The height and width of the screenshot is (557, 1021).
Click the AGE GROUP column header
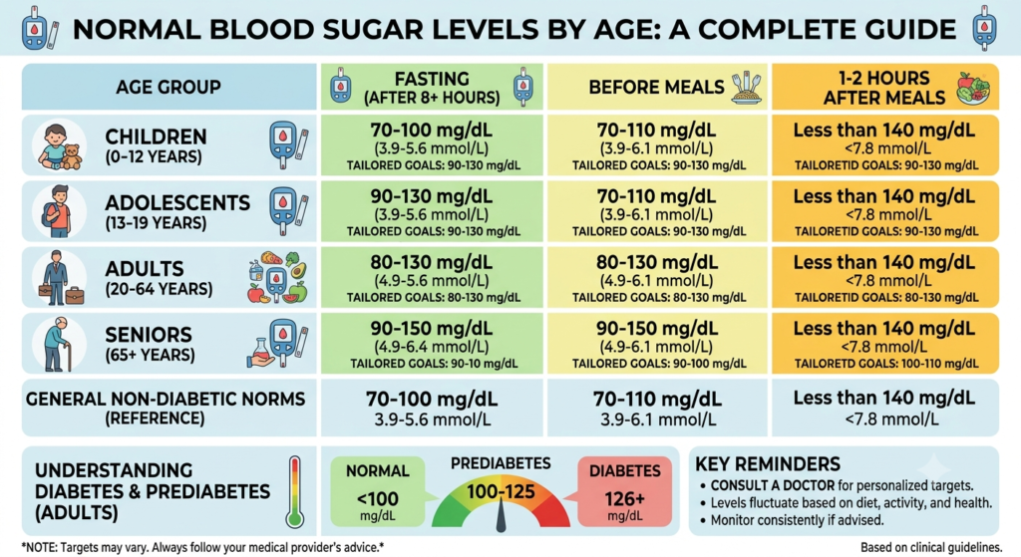[x=168, y=87]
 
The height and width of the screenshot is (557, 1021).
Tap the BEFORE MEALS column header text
[x=656, y=88]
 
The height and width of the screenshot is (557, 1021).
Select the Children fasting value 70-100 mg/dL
[x=431, y=131]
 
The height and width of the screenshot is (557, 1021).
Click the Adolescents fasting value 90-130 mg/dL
[x=431, y=196]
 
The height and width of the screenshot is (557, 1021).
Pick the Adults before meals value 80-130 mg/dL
[x=656, y=262]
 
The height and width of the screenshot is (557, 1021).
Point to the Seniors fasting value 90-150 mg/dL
[x=431, y=328]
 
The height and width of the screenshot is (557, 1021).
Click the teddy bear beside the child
[x=72, y=156]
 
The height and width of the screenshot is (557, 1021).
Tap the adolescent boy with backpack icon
[x=57, y=211]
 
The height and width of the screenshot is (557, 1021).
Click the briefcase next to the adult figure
[x=75, y=295]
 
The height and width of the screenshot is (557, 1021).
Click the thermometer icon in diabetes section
[x=295, y=490]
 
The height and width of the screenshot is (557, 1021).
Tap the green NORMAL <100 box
[x=378, y=491]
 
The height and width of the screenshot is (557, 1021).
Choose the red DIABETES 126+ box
[x=624, y=491]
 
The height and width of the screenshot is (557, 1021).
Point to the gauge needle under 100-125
[x=501, y=514]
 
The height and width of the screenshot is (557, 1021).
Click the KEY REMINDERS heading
[x=768, y=464]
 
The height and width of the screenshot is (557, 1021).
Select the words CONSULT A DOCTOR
[x=773, y=485]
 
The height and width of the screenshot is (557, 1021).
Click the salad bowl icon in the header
[x=973, y=89]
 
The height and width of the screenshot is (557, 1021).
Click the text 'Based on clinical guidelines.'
[x=930, y=547]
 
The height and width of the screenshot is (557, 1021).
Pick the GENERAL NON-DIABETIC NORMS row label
[x=166, y=408]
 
